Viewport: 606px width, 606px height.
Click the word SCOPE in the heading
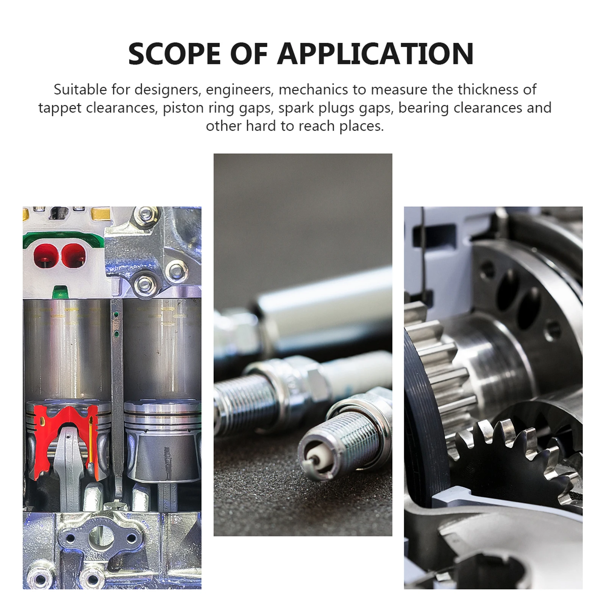click(175, 54)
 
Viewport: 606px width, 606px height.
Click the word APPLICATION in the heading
click(375, 54)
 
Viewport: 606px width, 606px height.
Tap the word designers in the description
click(167, 90)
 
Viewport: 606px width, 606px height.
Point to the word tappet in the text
click(60, 108)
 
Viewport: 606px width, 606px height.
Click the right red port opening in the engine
click(74, 255)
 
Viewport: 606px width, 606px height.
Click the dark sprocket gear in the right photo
click(504, 462)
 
